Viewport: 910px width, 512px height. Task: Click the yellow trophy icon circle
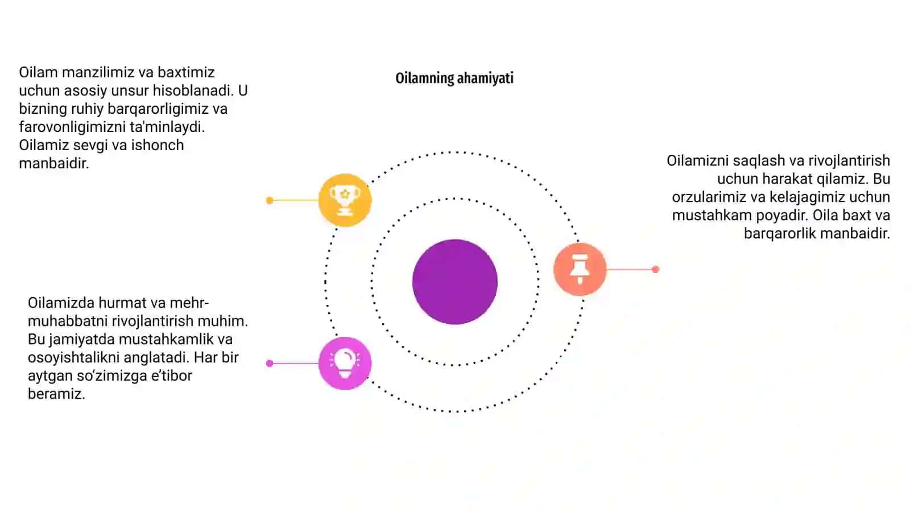click(345, 200)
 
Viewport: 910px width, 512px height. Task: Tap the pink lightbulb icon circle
click(345, 364)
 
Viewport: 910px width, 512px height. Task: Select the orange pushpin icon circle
click(580, 269)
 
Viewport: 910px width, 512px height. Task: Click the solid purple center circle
click(455, 282)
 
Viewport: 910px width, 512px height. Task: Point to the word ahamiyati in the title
click(485, 78)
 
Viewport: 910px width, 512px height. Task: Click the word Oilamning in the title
click(424, 78)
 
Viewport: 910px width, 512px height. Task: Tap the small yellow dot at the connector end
click(270, 200)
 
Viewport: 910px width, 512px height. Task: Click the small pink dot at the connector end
click(270, 364)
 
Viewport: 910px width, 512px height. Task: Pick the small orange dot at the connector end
click(655, 270)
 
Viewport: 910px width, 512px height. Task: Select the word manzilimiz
click(98, 72)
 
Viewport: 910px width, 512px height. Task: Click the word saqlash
click(759, 161)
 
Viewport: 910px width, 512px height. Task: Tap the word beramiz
click(56, 394)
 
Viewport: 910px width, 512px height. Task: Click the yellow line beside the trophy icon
click(296, 200)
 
